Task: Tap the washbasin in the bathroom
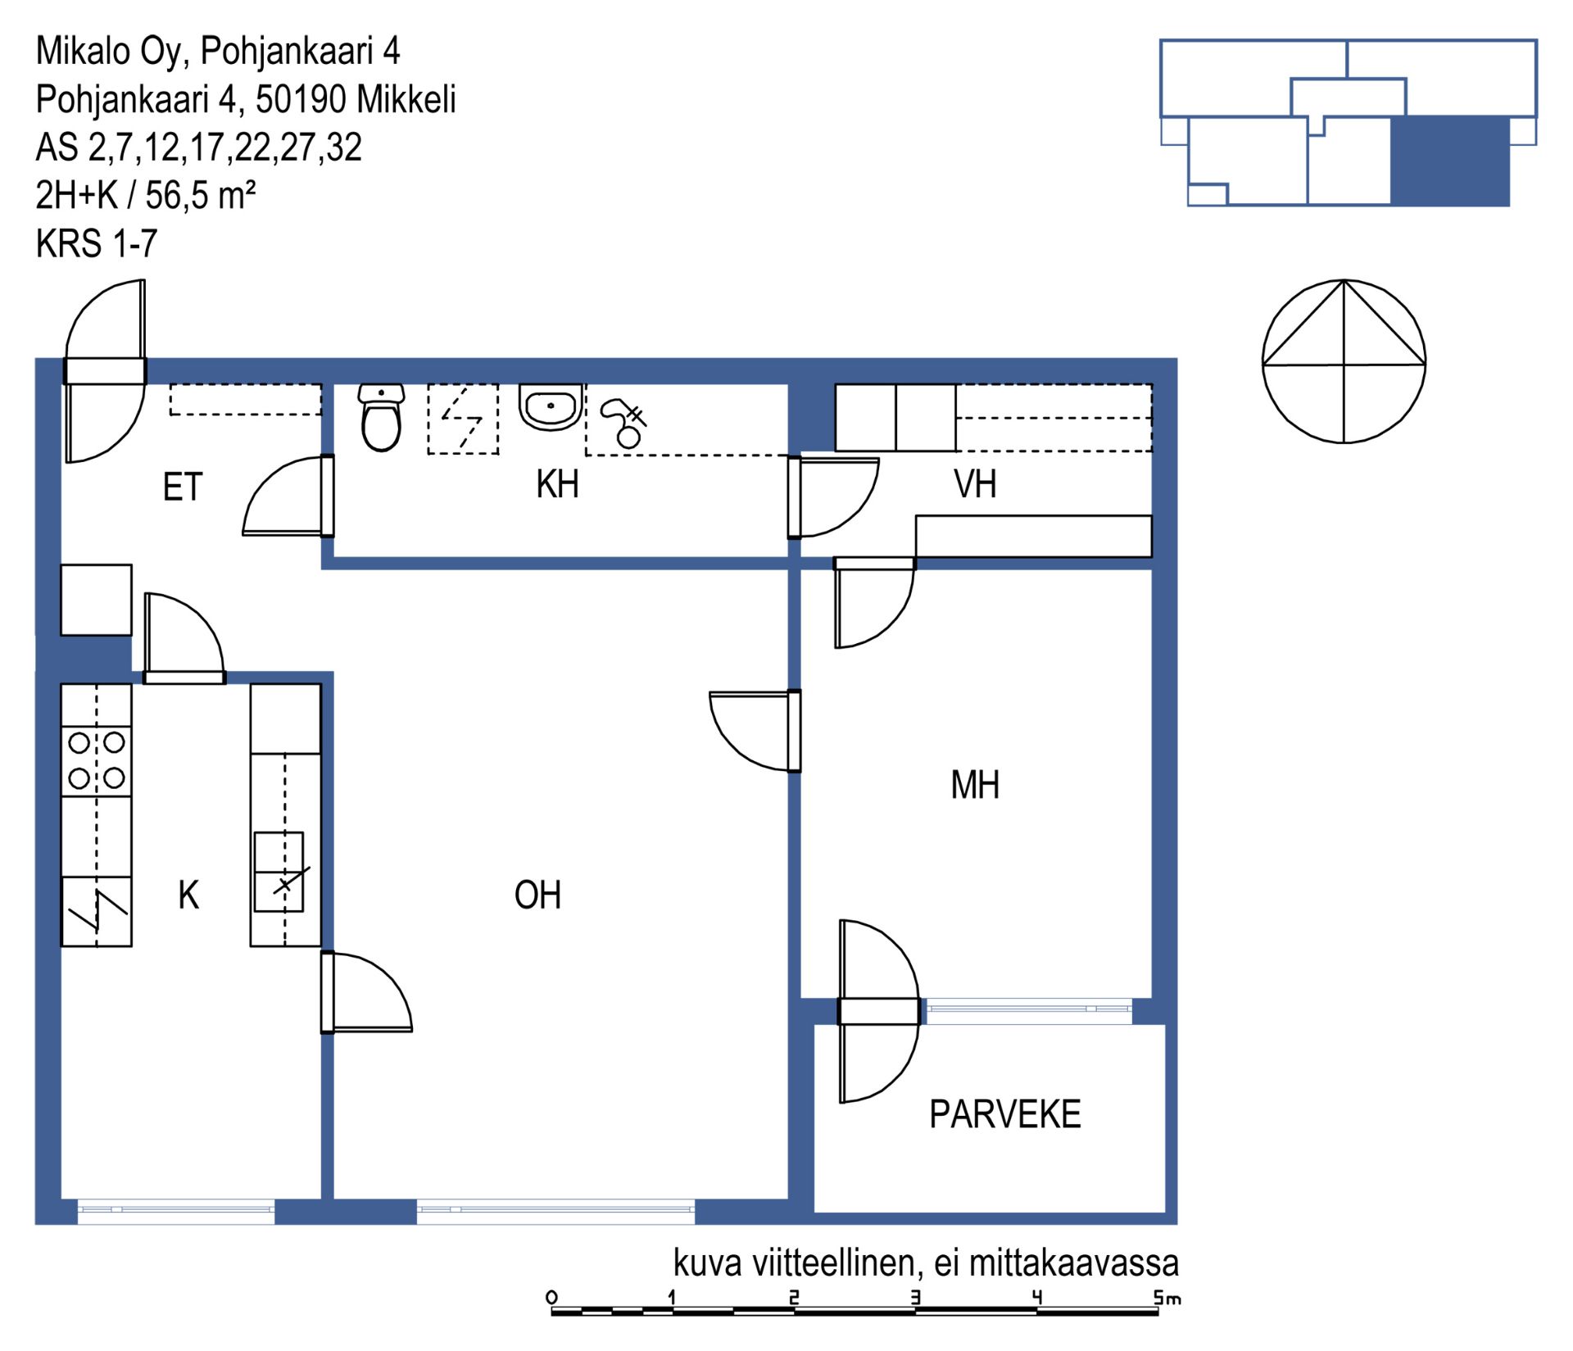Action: coord(551,407)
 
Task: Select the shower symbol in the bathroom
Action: coord(624,423)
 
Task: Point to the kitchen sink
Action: coord(279,872)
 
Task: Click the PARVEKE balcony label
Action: coord(1004,1114)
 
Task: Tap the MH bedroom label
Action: coord(975,785)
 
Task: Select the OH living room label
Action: coord(537,895)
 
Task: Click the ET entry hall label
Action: coord(182,487)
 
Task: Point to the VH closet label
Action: coord(975,483)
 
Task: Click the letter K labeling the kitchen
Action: coord(188,895)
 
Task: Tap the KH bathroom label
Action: coord(557,483)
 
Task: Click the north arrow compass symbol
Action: coord(1344,361)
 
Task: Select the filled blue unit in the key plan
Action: coord(1450,161)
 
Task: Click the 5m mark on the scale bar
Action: coord(1167,1298)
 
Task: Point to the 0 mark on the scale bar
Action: coord(551,1297)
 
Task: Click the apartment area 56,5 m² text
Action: coord(201,195)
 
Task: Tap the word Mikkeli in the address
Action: coord(406,99)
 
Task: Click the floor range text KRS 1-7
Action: coord(97,243)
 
